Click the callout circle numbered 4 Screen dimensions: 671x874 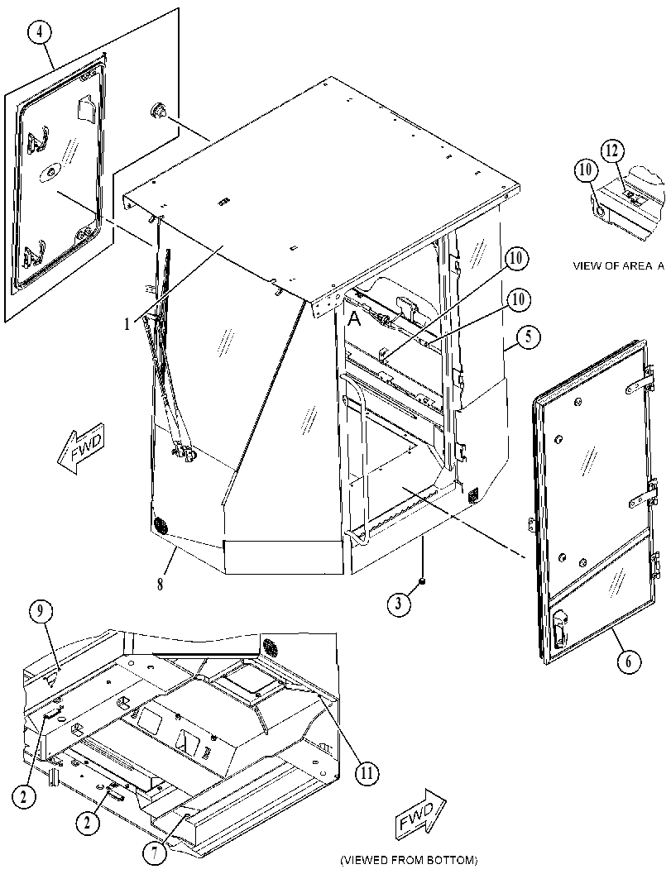(x=39, y=33)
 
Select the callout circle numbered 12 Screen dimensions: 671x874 (x=612, y=150)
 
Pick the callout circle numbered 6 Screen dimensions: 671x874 (x=629, y=661)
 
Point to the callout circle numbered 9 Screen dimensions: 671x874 (x=41, y=612)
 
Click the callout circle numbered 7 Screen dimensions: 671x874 (x=155, y=853)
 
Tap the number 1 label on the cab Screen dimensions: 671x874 (x=127, y=324)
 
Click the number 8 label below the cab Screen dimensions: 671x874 (x=160, y=585)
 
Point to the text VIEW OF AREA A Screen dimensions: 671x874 (x=619, y=266)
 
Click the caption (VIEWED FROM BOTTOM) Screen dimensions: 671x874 (x=409, y=860)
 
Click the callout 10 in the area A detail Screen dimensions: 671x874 (x=586, y=171)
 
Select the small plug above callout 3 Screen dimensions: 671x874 (x=423, y=582)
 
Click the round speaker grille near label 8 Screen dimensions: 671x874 (x=161, y=526)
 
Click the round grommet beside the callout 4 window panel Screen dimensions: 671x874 (x=156, y=110)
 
